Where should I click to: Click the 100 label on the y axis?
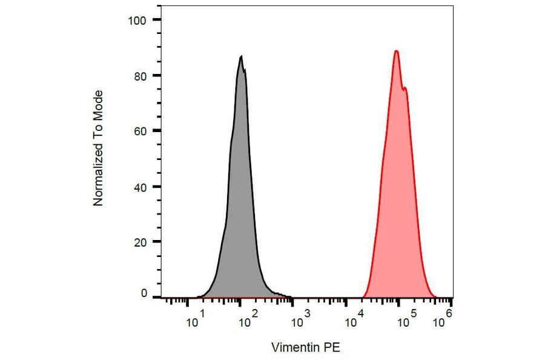pyautogui.click(x=137, y=20)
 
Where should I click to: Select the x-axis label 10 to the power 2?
pyautogui.click(x=247, y=321)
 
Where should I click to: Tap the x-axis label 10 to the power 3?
pyautogui.click(x=300, y=321)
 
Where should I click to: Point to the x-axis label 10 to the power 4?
pyautogui.click(x=352, y=321)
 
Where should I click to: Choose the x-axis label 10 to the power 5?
pyautogui.click(x=405, y=321)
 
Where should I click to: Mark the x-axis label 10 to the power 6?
pyautogui.click(x=443, y=321)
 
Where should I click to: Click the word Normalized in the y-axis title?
pyautogui.click(x=98, y=175)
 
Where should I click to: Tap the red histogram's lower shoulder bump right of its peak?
pyautogui.click(x=405, y=88)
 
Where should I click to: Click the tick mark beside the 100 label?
pyautogui.click(x=156, y=20)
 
